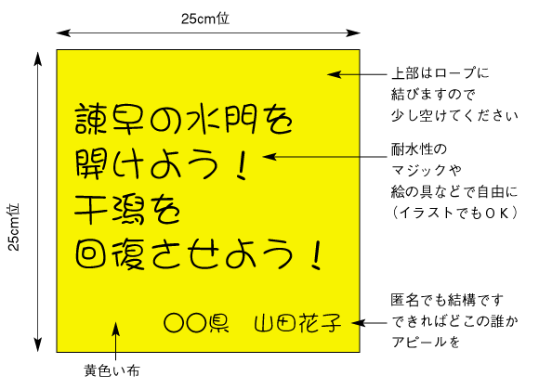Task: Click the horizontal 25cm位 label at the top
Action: coord(205,19)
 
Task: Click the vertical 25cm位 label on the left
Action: coord(14,227)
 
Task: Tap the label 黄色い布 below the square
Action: coord(112,370)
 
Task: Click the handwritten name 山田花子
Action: coord(297,323)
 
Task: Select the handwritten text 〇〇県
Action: coord(197,323)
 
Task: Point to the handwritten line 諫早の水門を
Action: coord(184,119)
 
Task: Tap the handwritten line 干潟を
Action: coord(127,210)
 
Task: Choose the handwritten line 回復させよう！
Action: coord(199,254)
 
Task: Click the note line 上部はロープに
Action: coord(440,73)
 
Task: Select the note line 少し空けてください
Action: coord(454,116)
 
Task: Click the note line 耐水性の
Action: coord(419,149)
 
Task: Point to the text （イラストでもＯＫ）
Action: coord(454,213)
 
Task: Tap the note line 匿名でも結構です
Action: coord(447,300)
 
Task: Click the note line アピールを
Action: coord(426,342)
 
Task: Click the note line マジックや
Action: coord(427,170)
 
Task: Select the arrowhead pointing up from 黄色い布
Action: coord(116,329)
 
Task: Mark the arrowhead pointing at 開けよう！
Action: coord(269,157)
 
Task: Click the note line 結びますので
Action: coord(433,94)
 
